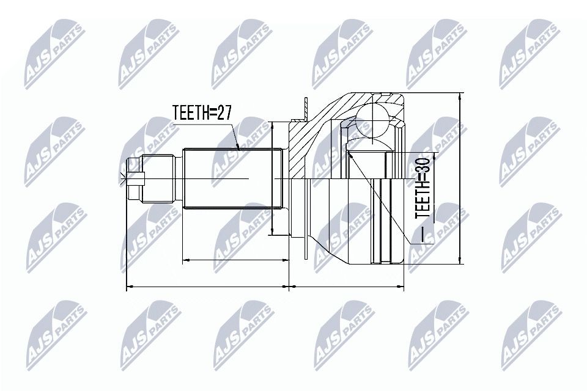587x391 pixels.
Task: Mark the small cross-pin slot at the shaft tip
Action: (136, 179)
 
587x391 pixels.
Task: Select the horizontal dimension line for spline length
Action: (235, 260)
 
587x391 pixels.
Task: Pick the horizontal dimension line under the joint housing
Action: (349, 285)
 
